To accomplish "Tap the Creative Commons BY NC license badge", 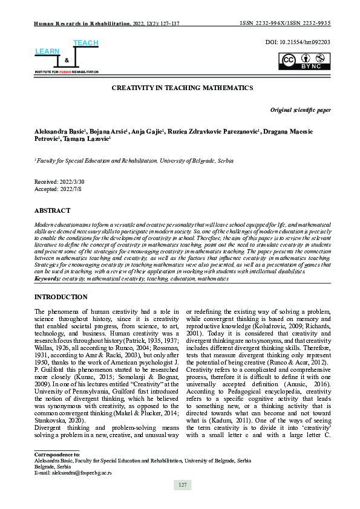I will click(304, 62).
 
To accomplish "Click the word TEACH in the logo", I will click(85, 43).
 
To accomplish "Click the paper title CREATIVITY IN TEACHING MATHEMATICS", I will click(182, 88).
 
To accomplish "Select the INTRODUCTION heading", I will click(61, 297).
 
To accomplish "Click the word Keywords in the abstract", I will click(47, 279).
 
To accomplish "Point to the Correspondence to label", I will click(57, 452).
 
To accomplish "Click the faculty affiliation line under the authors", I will click(134, 161).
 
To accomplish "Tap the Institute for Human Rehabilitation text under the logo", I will click(66, 71).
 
